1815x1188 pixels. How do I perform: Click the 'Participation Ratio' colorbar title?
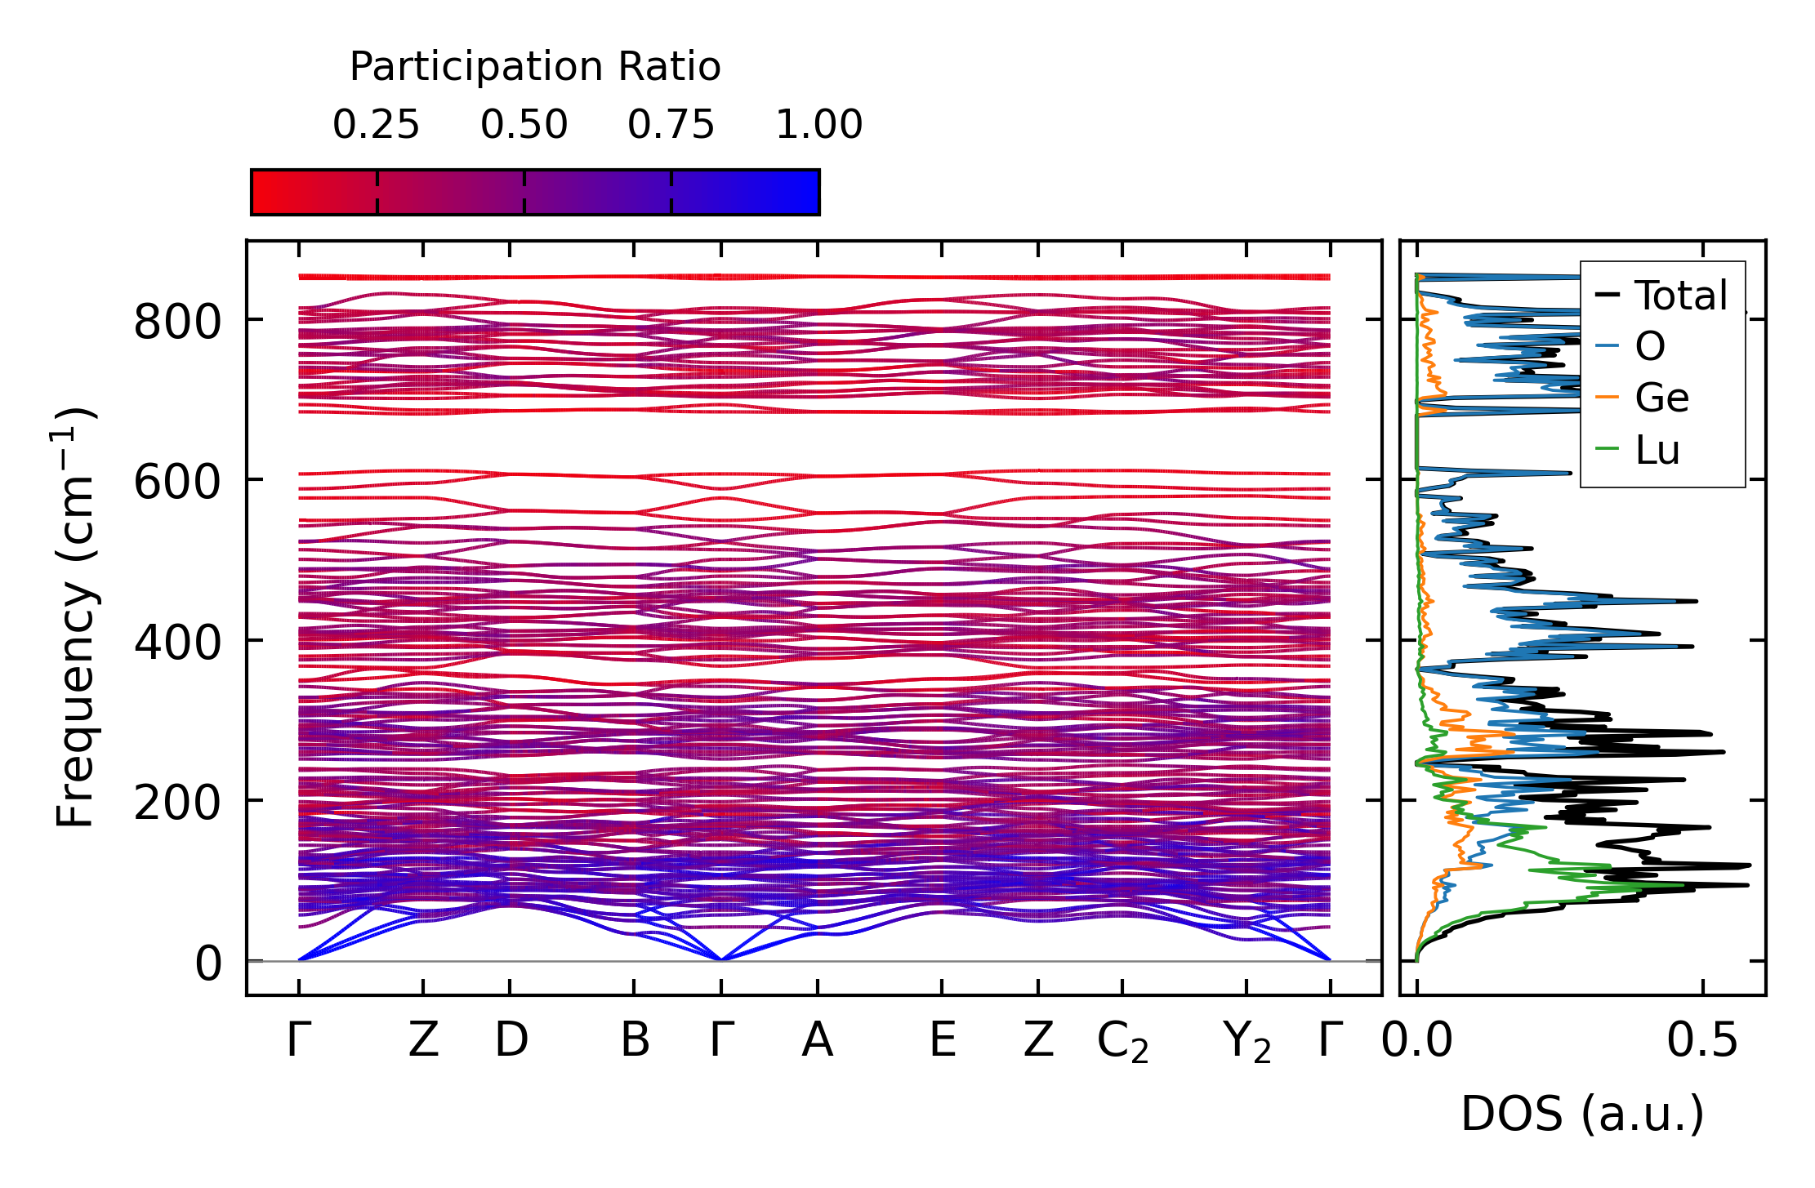[x=535, y=67]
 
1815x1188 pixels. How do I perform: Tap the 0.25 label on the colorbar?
[x=376, y=125]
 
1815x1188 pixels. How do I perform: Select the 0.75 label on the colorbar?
[x=671, y=125]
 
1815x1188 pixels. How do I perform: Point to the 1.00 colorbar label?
[x=818, y=125]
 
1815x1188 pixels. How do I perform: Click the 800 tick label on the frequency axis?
[x=177, y=322]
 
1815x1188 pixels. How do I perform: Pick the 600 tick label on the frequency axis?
[x=177, y=482]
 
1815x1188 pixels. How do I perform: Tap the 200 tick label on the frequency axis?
[x=177, y=803]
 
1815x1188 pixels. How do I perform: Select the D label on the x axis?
[x=511, y=1041]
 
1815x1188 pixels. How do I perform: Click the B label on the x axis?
[x=635, y=1041]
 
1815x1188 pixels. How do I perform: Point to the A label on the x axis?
[x=817, y=1041]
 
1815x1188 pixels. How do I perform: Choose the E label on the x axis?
[x=942, y=1041]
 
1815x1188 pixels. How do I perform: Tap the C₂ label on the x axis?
[x=1122, y=1043]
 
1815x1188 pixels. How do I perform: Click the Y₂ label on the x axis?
[x=1246, y=1043]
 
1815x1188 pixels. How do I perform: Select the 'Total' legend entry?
[x=1680, y=296]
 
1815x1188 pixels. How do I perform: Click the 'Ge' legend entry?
[x=1661, y=398]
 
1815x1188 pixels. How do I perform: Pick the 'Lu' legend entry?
[x=1657, y=450]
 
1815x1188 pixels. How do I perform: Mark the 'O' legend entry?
[x=1649, y=347]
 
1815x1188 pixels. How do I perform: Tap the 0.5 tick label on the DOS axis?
[x=1702, y=1041]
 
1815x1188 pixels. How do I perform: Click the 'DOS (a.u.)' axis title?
[x=1582, y=1114]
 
